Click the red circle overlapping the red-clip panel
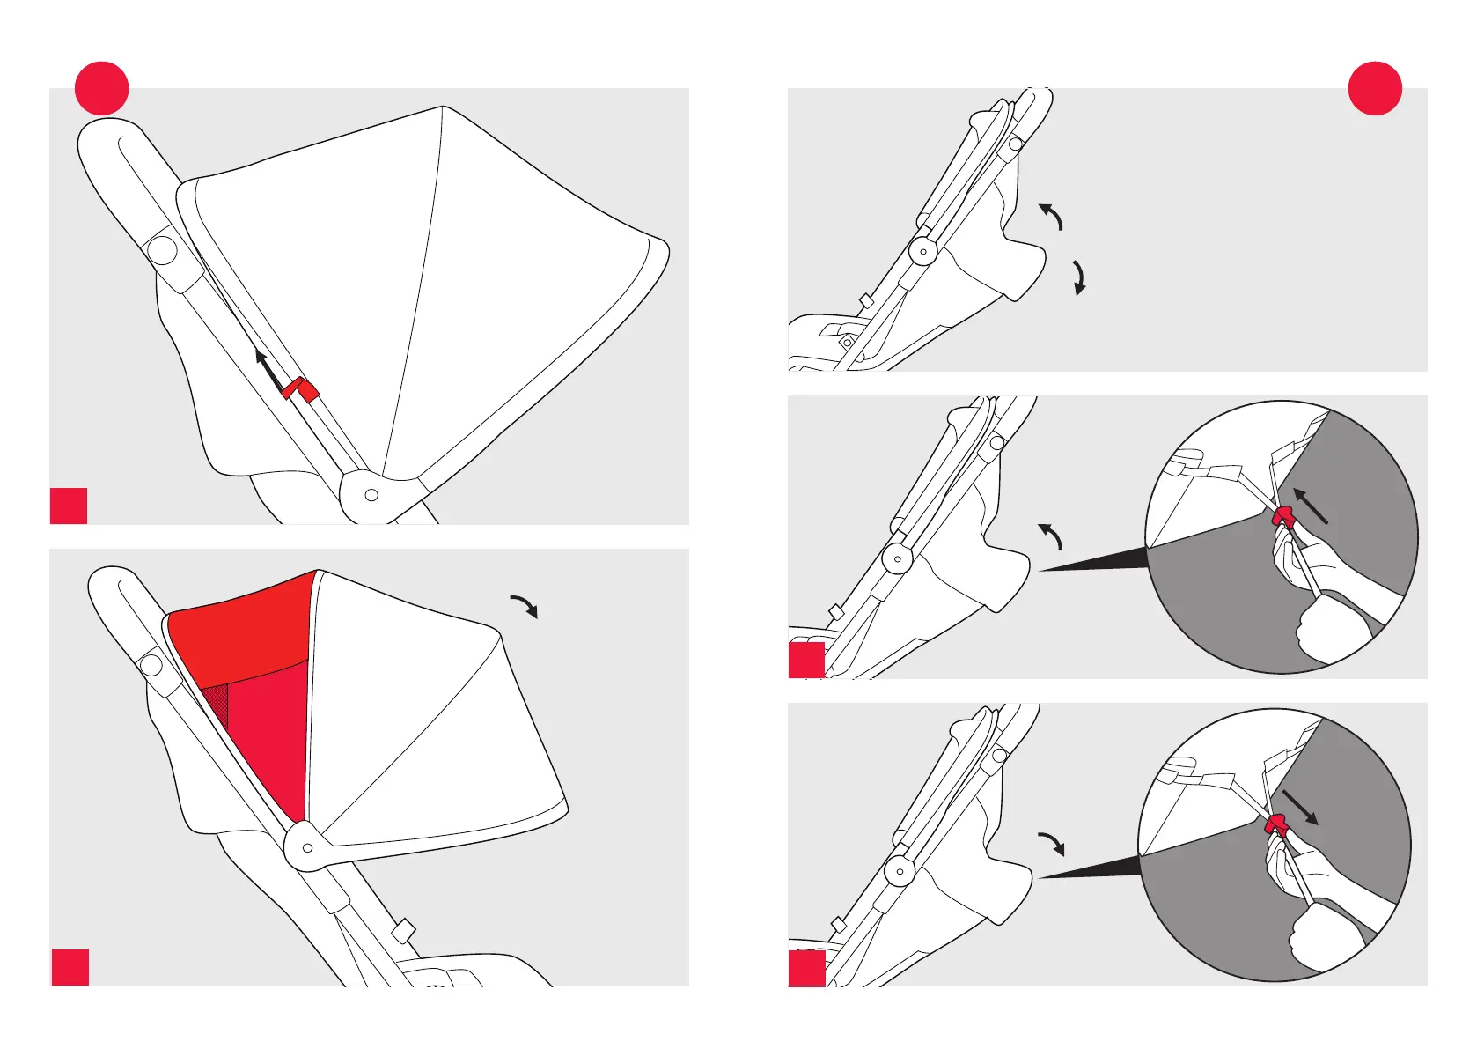pyautogui.click(x=102, y=88)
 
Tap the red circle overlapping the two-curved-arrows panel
pyautogui.click(x=1375, y=88)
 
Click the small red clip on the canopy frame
pyautogui.click(x=301, y=388)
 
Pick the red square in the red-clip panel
pyautogui.click(x=69, y=506)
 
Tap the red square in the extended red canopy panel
pyautogui.click(x=70, y=967)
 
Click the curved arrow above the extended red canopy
pyautogui.click(x=525, y=606)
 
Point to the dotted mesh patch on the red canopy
pyautogui.click(x=216, y=705)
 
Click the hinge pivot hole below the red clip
pyautogui.click(x=371, y=495)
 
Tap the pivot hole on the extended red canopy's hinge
pyautogui.click(x=307, y=848)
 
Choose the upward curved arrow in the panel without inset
pyautogui.click(x=1051, y=216)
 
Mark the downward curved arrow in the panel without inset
pyautogui.click(x=1079, y=277)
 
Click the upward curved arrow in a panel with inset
pyautogui.click(x=1051, y=536)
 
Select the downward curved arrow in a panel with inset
pyautogui.click(x=1052, y=843)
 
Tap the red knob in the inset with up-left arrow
pyautogui.click(x=1283, y=518)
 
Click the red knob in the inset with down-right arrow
pyautogui.click(x=1275, y=825)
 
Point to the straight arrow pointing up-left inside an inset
pyautogui.click(x=1311, y=507)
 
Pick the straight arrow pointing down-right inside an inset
pyautogui.click(x=1300, y=807)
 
